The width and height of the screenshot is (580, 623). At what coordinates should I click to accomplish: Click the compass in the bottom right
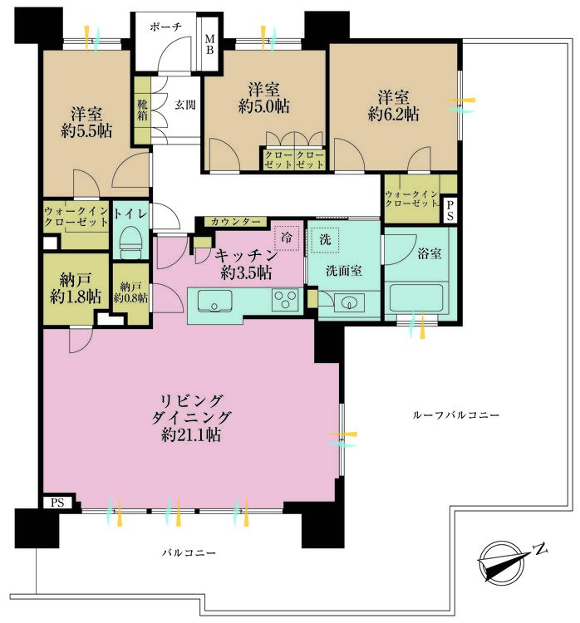[x=502, y=561]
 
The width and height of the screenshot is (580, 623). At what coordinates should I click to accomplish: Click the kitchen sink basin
[x=214, y=301]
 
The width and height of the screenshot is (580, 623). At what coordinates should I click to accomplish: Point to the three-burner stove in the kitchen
[x=285, y=300]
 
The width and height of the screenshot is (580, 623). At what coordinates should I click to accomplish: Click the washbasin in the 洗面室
[x=349, y=302]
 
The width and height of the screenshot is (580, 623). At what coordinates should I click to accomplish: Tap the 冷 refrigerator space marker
[x=286, y=238]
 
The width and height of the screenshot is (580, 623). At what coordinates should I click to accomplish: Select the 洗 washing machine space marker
[x=325, y=240]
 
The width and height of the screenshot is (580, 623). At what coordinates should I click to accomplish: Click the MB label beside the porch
[x=210, y=45]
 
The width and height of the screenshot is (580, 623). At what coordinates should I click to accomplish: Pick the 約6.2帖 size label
[x=393, y=115]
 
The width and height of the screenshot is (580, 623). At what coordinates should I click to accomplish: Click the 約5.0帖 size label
[x=263, y=106]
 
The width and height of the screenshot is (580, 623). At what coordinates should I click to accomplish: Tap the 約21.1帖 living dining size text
[x=191, y=434]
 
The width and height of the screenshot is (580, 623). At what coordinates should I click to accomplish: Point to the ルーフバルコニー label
[x=455, y=415]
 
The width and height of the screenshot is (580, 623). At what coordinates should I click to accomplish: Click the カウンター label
[x=236, y=222]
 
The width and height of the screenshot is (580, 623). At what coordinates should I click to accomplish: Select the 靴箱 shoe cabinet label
[x=142, y=110]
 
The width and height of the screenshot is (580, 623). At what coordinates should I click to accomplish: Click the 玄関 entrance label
[x=185, y=105]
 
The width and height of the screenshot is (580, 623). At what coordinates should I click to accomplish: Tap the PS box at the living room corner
[x=57, y=503]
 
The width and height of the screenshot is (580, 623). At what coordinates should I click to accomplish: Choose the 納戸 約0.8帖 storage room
[x=130, y=293]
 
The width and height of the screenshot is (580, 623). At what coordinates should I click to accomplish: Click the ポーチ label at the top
[x=165, y=27]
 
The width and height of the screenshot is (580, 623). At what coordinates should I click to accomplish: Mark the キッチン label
[x=246, y=256]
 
